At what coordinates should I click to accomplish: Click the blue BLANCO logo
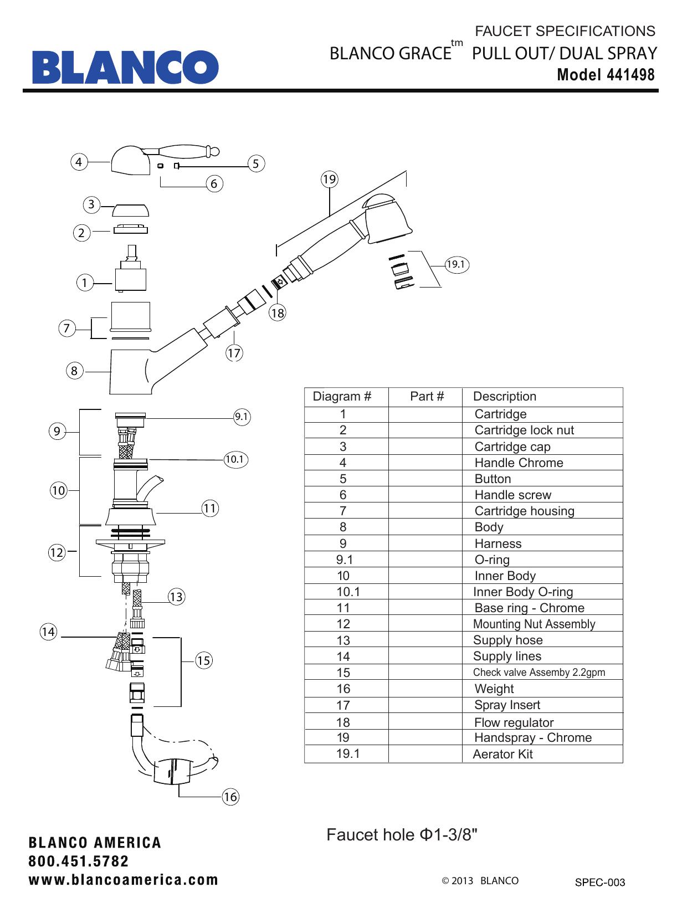[125, 67]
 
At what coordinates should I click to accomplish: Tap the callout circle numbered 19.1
[456, 264]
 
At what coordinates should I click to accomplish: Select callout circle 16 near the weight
[230, 797]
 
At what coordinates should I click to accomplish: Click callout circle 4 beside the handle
[79, 162]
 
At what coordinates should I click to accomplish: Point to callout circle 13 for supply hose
[176, 597]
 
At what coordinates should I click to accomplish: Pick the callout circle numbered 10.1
[234, 459]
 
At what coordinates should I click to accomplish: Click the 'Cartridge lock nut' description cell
[524, 430]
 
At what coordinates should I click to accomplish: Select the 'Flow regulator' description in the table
[514, 722]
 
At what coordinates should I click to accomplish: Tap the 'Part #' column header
[427, 396]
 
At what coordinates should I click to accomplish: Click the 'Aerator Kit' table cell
[502, 754]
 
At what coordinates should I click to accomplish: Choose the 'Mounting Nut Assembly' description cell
[534, 624]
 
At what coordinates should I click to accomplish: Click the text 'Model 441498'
[606, 74]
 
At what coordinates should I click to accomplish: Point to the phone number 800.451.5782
[79, 861]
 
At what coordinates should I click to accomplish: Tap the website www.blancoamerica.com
[124, 880]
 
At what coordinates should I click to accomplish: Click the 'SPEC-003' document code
[599, 883]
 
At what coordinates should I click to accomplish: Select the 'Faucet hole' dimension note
[402, 834]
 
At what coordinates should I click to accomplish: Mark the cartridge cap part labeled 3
[131, 210]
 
